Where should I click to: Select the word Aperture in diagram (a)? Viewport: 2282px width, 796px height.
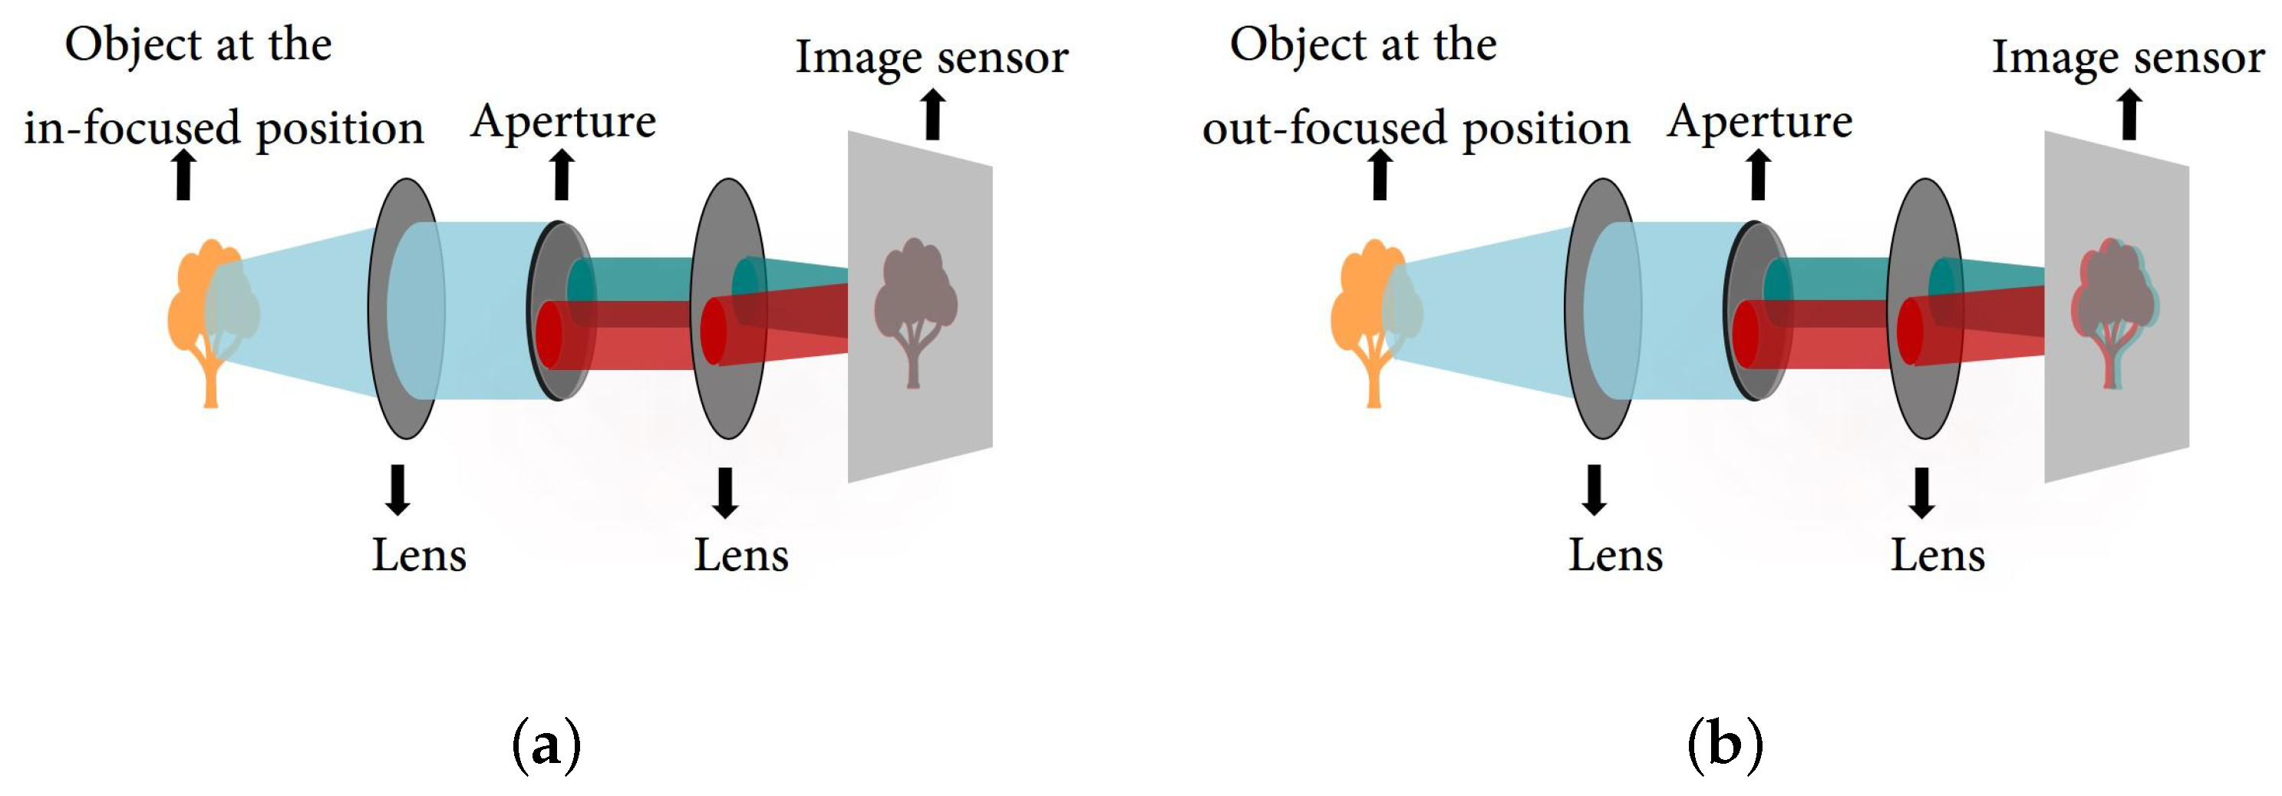point(563,121)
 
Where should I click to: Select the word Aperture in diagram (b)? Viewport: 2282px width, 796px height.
point(1759,121)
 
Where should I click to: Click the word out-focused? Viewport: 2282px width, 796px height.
point(1325,127)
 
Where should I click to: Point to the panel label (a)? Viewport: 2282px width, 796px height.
point(546,745)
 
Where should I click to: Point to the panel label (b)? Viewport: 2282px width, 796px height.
point(1725,745)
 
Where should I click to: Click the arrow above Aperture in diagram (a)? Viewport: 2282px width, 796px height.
point(562,173)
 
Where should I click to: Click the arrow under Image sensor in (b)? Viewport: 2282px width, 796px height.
point(2129,115)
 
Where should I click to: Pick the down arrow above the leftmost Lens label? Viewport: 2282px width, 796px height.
point(397,489)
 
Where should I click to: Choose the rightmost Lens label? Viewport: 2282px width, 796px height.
point(1937,556)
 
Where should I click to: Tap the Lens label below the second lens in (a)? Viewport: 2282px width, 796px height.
point(740,556)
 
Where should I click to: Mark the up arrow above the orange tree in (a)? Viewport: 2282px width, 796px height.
point(183,173)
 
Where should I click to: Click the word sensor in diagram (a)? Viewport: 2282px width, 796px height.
point(1002,58)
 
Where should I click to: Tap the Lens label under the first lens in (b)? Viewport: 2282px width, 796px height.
point(1615,556)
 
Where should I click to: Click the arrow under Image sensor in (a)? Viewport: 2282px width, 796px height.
point(932,115)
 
